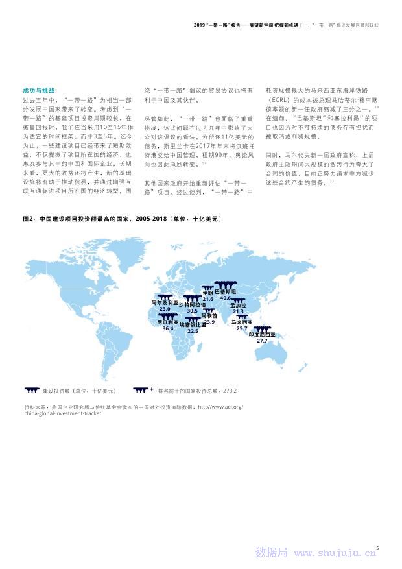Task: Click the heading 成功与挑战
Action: (38, 90)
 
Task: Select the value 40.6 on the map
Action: (226, 298)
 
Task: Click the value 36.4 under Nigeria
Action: (168, 329)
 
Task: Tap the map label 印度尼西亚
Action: (263, 335)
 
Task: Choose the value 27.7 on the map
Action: (262, 341)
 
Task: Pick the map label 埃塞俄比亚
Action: (193, 325)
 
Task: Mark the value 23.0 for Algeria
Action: (165, 309)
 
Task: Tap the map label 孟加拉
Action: (239, 306)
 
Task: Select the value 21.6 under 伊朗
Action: (207, 299)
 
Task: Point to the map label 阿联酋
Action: (209, 315)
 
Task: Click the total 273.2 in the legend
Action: (230, 391)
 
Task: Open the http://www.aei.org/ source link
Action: (220, 407)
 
